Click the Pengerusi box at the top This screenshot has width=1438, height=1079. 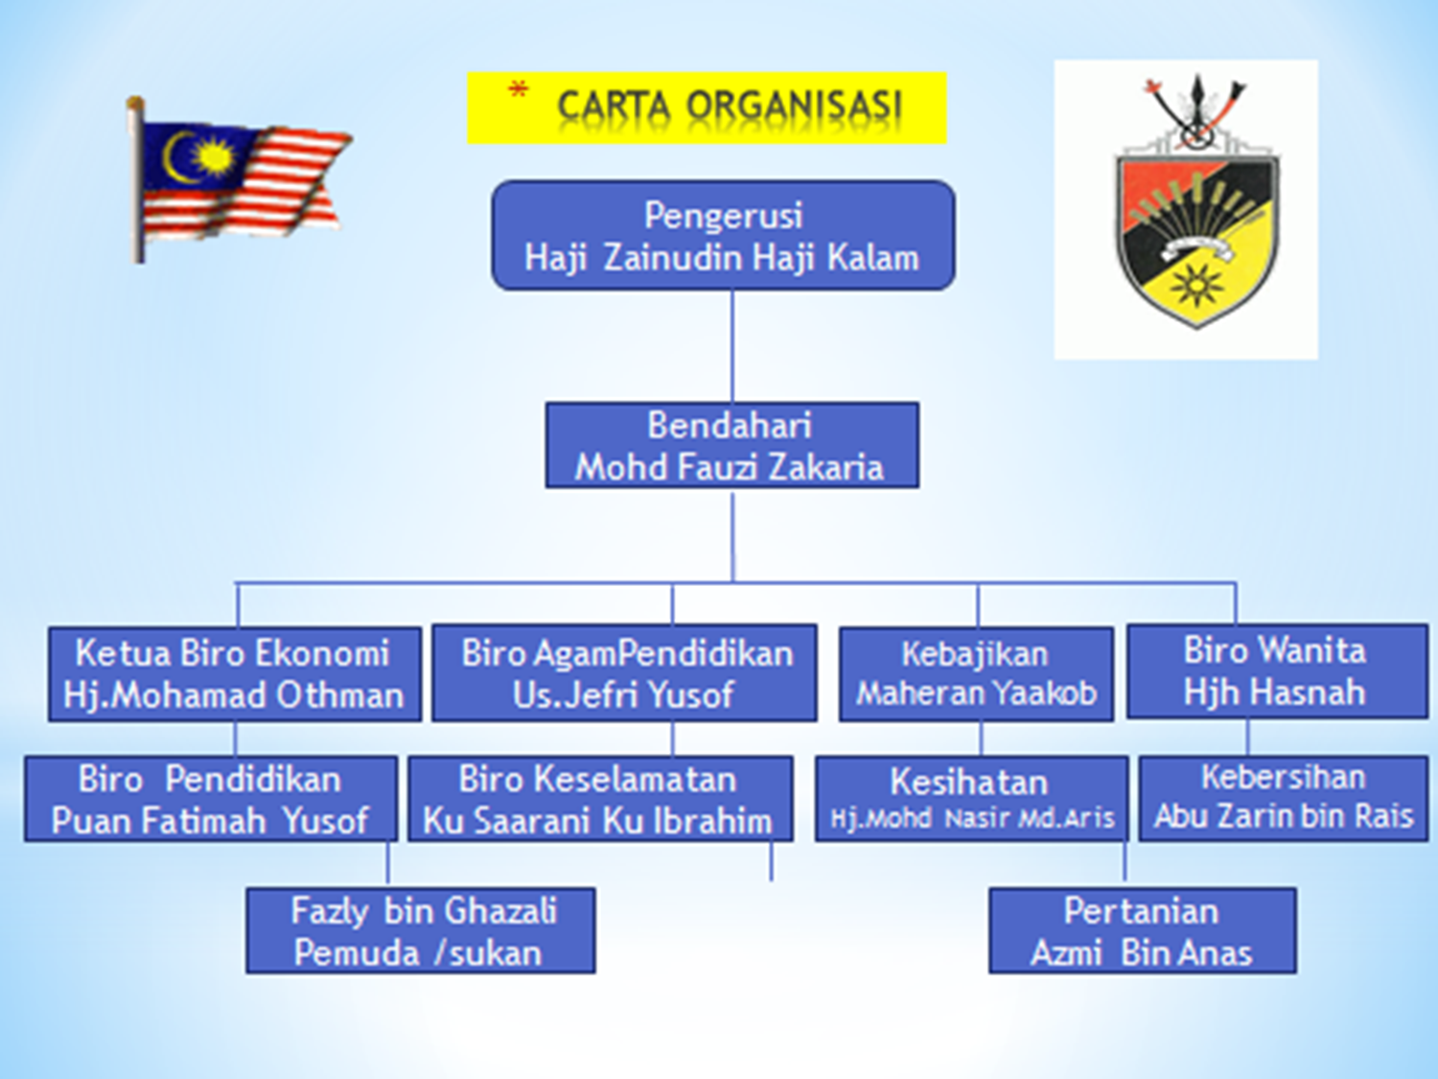[x=723, y=235]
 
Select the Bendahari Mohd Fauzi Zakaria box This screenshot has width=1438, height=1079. [x=731, y=445]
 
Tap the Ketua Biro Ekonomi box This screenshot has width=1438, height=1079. [x=234, y=673]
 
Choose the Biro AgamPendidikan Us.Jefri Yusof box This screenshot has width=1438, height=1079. [x=624, y=672]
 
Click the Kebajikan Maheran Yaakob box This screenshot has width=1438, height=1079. [x=976, y=673]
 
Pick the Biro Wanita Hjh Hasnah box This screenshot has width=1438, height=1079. [x=1276, y=670]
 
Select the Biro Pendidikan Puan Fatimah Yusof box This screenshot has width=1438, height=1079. [x=210, y=799]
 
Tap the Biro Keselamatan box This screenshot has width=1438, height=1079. [x=600, y=799]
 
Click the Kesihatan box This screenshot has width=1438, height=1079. [x=970, y=799]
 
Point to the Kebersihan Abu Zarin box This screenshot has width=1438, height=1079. [x=1283, y=798]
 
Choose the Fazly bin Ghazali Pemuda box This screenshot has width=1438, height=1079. [x=420, y=930]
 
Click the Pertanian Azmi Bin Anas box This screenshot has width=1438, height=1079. [x=1142, y=930]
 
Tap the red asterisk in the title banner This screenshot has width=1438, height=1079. [x=518, y=91]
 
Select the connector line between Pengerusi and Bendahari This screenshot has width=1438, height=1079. [x=732, y=345]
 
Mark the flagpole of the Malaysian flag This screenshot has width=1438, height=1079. [x=138, y=182]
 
